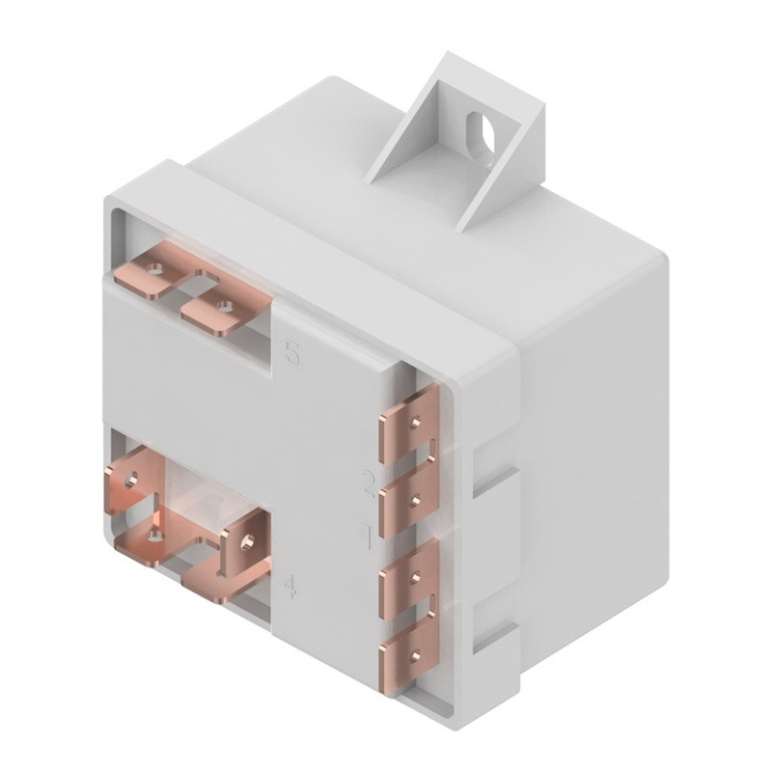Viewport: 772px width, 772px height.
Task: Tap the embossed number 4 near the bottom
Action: click(289, 586)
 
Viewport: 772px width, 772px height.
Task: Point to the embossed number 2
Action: click(369, 483)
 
